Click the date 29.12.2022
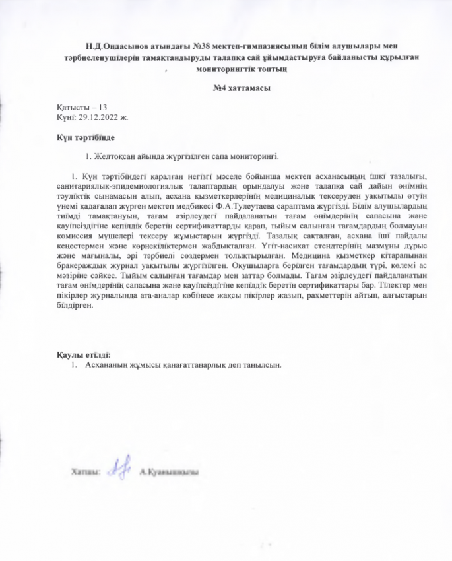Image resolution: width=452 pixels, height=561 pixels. click(x=96, y=115)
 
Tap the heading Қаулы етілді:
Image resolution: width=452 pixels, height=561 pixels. click(x=84, y=354)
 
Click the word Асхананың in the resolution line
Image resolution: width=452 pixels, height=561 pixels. click(x=107, y=364)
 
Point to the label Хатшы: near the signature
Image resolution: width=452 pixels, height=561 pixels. click(x=86, y=472)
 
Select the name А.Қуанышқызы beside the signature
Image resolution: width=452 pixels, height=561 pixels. click(x=170, y=472)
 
